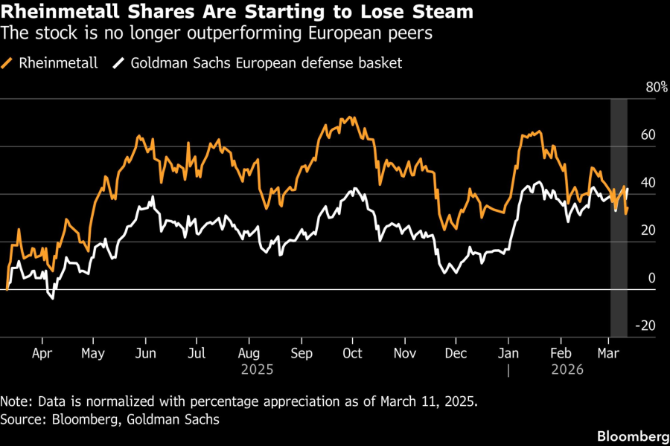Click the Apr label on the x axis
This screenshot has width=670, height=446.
[x=43, y=353]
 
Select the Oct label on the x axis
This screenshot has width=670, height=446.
[x=351, y=353]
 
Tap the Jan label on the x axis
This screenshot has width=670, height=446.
[x=508, y=353]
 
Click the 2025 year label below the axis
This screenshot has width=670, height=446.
[x=257, y=369]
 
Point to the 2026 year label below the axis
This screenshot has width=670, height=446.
[x=567, y=369]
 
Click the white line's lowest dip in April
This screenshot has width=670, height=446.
[x=52, y=299]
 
